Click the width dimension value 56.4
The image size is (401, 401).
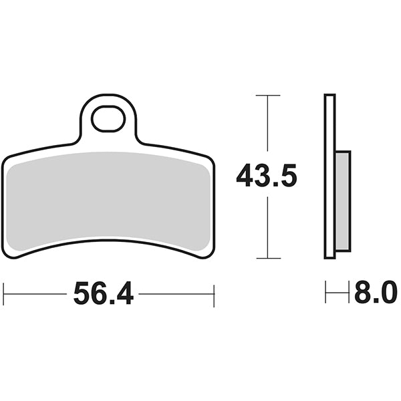click(x=104, y=293)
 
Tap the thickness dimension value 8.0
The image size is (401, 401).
click(x=376, y=293)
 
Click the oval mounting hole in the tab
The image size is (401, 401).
click(x=108, y=120)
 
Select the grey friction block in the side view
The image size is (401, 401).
click(x=342, y=200)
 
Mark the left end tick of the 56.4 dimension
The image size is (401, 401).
click(x=4, y=293)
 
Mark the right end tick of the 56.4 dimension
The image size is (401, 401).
click(x=213, y=293)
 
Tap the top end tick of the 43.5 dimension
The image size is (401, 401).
click(x=268, y=96)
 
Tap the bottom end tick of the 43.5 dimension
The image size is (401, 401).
click(x=268, y=258)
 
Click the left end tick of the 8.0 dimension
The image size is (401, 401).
click(x=325, y=293)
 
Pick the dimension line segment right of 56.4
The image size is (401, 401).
click(x=176, y=293)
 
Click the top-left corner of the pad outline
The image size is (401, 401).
click(x=7, y=159)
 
